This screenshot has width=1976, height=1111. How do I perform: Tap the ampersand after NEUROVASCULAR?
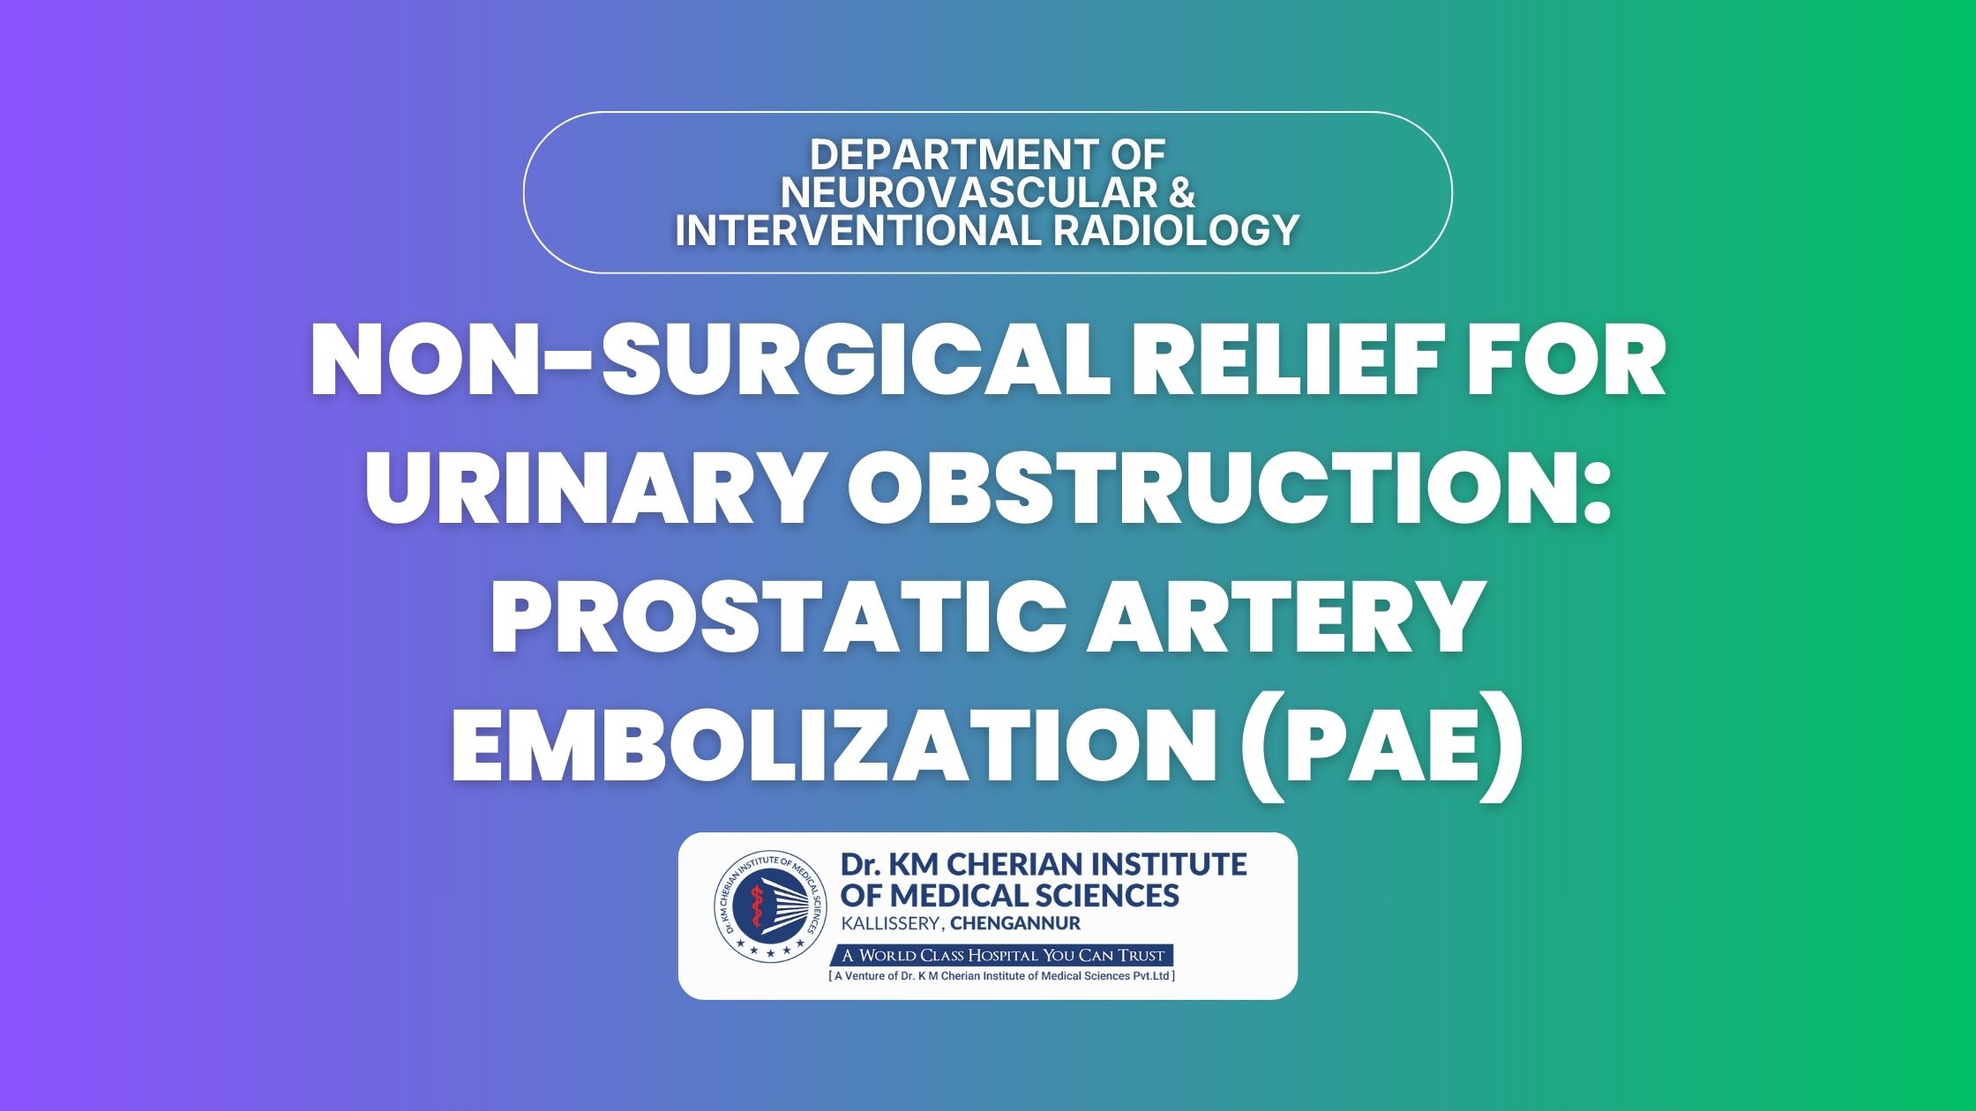(x=1179, y=193)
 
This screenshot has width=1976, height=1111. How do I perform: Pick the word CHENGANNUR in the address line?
(x=1015, y=924)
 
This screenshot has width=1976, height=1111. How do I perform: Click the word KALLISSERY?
(x=892, y=924)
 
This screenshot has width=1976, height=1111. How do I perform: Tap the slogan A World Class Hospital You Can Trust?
(x=1003, y=956)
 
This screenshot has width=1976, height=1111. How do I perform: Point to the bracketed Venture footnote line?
(x=1002, y=976)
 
